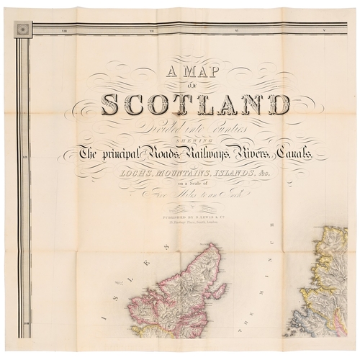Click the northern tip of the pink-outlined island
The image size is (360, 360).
point(217,246)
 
